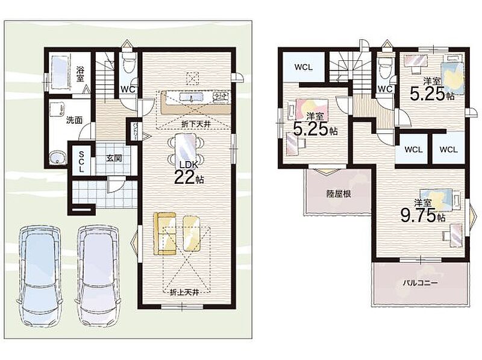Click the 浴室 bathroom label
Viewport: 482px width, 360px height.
80,74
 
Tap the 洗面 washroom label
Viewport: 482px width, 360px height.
74,120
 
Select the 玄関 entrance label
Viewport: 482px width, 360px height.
114,158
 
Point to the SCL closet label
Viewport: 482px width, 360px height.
81,162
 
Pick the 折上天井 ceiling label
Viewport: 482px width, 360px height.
184,292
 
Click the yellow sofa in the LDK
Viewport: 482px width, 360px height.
164,233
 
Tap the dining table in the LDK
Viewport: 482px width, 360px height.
185,149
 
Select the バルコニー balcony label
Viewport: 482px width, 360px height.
420,282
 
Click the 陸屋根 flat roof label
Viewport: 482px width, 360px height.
339,194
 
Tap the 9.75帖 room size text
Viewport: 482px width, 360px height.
423,215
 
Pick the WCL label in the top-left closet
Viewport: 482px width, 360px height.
304,67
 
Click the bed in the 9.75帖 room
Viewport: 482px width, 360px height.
441,200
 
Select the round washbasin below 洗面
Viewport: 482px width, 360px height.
57,157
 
